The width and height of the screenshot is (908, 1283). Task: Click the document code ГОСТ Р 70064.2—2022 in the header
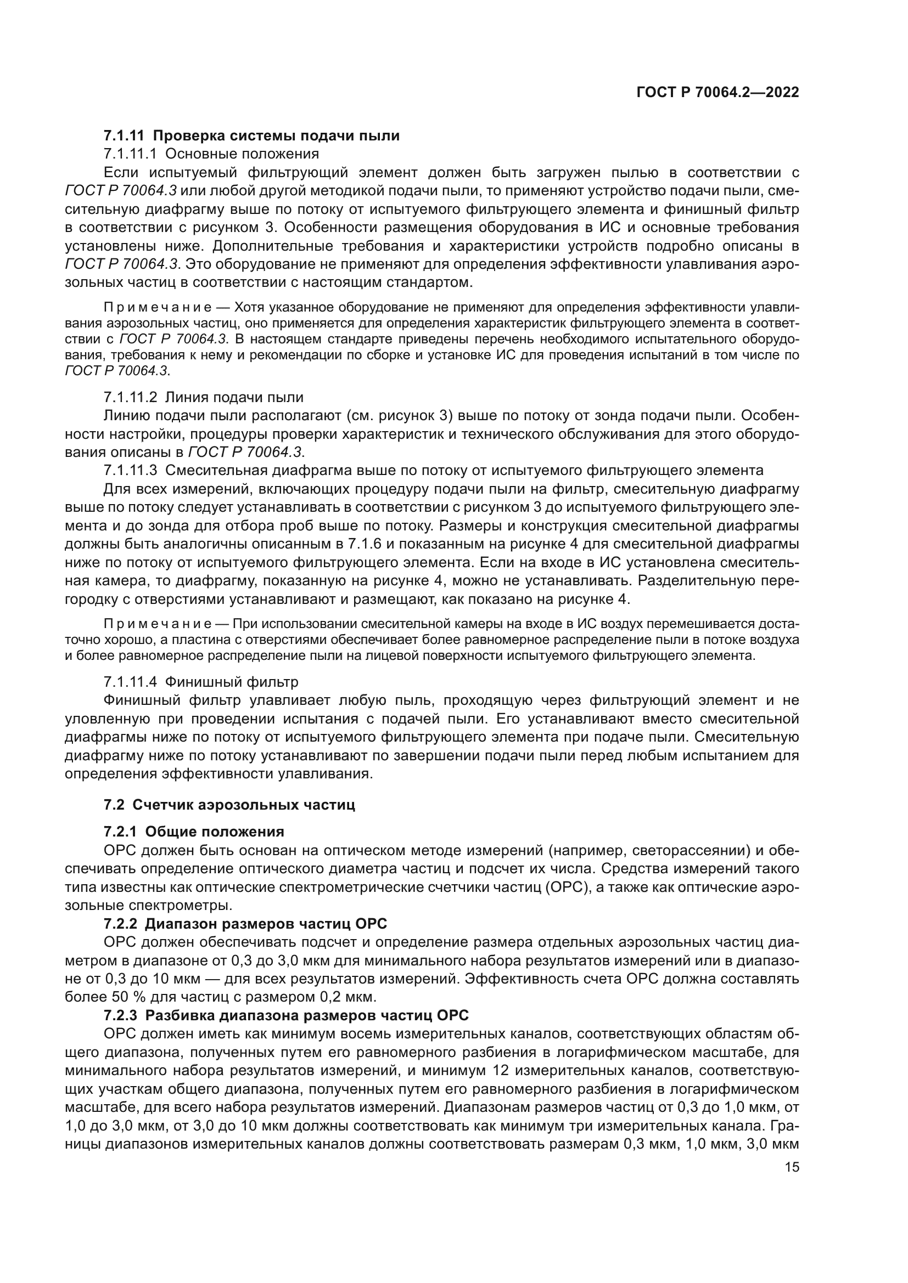(x=718, y=93)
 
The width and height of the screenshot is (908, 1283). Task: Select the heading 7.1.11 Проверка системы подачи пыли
(x=251, y=135)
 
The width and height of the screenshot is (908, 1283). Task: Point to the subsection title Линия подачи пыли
(x=234, y=397)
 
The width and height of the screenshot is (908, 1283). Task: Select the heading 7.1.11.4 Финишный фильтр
(x=201, y=682)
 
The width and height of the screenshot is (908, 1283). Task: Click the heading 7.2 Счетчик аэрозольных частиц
(x=229, y=805)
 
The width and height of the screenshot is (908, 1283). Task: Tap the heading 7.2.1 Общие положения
(x=194, y=832)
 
